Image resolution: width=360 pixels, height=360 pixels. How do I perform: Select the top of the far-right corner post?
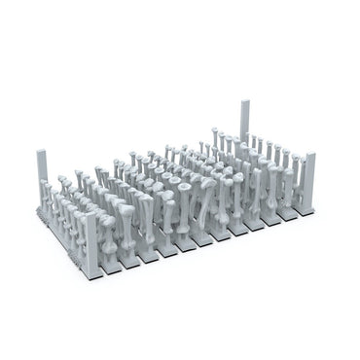coord(310,153)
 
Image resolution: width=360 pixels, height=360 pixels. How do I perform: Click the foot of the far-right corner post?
coord(311,205)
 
